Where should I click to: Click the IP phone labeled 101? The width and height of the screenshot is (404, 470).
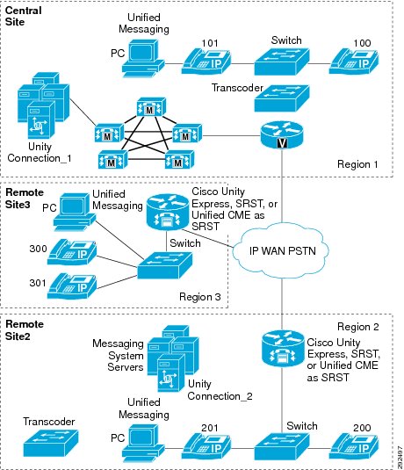[206, 61]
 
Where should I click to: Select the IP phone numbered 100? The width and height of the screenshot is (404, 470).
[354, 61]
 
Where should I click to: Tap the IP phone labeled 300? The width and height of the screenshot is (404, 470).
[72, 252]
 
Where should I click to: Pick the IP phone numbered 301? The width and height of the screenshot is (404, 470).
[72, 286]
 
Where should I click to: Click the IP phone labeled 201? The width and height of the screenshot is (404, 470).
[206, 446]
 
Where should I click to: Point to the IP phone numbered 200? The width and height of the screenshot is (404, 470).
[354, 446]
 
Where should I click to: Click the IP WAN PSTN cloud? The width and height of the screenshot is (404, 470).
[281, 251]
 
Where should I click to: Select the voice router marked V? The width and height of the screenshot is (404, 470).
[282, 134]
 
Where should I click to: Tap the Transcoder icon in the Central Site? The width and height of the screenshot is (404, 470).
[282, 98]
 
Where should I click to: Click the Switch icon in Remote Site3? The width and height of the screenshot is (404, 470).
[165, 265]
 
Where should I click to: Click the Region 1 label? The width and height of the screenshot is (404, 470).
[357, 164]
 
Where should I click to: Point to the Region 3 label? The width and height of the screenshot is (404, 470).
[200, 297]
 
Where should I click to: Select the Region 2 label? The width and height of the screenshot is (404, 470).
[358, 327]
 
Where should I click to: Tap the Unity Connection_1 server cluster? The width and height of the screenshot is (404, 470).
[43, 105]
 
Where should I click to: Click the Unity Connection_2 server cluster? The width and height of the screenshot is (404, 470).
[173, 358]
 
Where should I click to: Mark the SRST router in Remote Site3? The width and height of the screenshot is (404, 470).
[168, 213]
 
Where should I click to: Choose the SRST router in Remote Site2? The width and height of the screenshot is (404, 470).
[283, 349]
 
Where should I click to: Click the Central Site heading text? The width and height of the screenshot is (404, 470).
[23, 16]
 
